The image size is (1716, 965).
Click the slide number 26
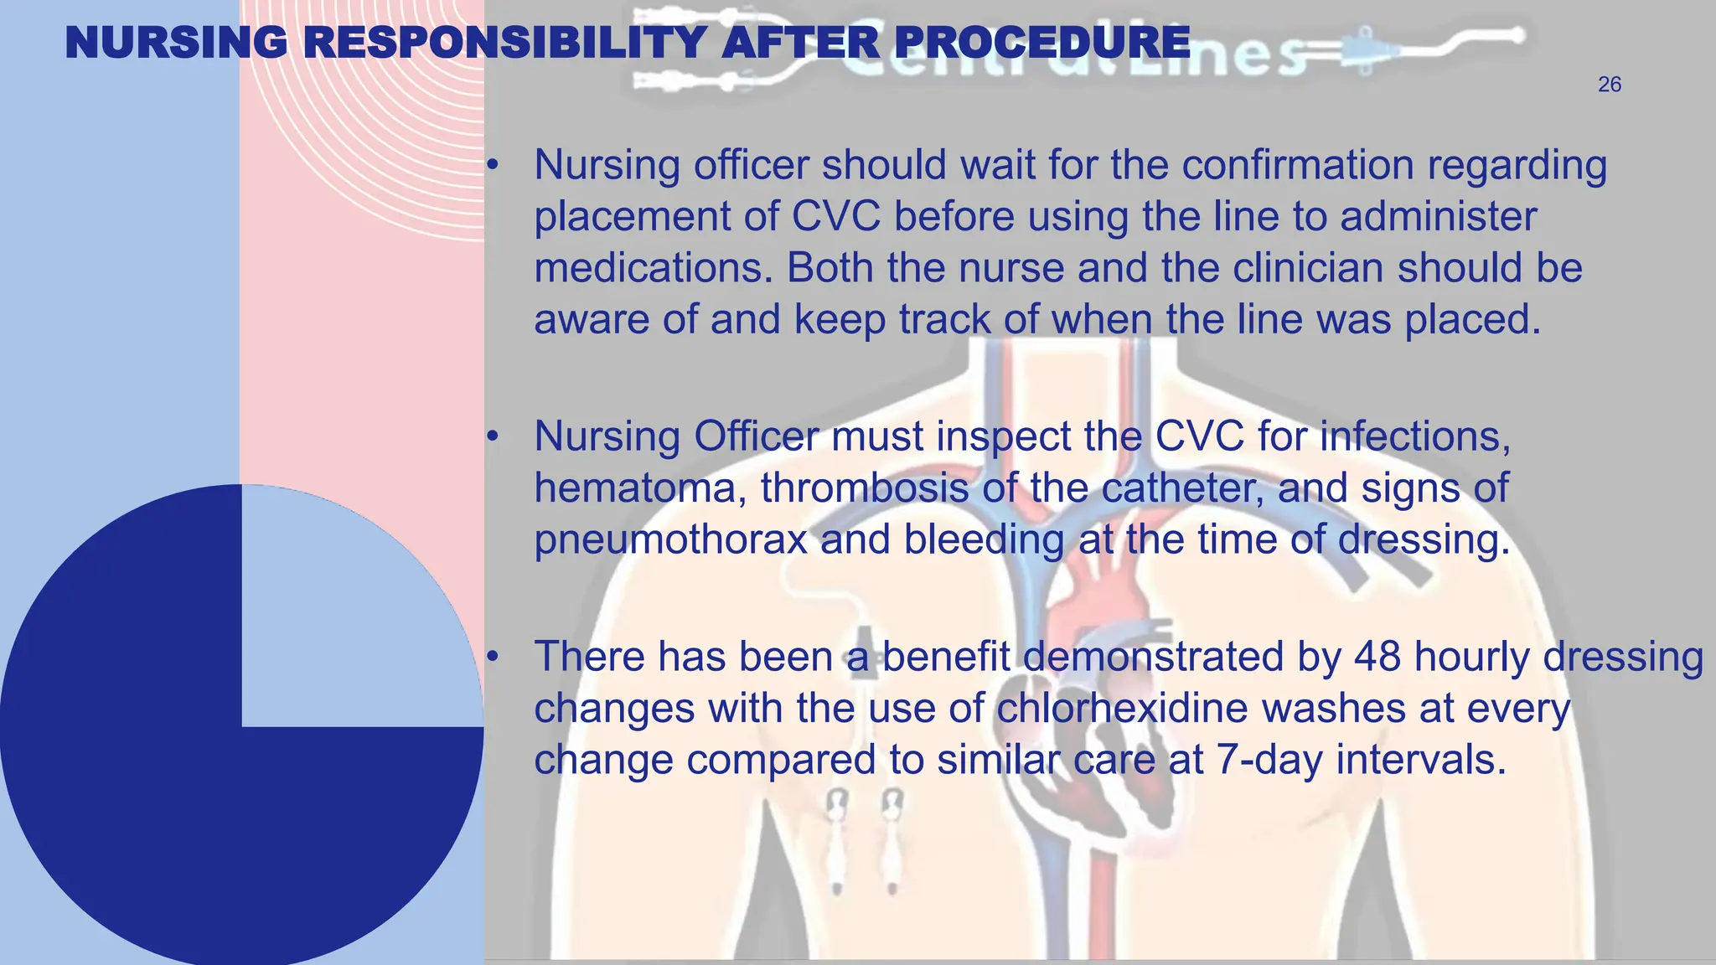tap(1609, 85)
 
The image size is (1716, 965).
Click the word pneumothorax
tap(670, 540)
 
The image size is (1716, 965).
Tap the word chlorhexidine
tap(1122, 709)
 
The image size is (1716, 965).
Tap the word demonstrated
tap(1153, 657)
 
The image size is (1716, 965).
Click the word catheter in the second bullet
tap(1182, 488)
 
